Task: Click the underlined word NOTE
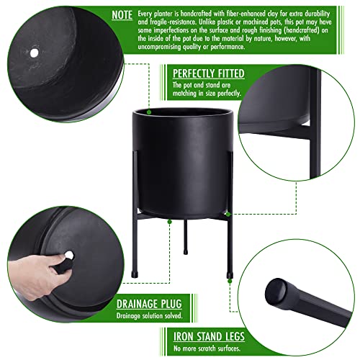[x=122, y=15]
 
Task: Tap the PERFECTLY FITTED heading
[x=209, y=73]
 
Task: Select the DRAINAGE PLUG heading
[x=149, y=304]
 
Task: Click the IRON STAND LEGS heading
[x=209, y=336]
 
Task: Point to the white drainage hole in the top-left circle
[x=34, y=53]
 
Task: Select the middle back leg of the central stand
[x=186, y=237]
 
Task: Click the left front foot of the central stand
[x=135, y=274]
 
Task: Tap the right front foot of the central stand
[x=230, y=275]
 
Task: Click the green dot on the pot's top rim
[x=149, y=112]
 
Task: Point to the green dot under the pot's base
[x=170, y=222]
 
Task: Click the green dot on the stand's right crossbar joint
[x=228, y=214]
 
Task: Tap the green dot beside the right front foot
[x=230, y=281]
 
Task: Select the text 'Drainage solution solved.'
[x=149, y=315]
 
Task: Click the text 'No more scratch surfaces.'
[x=207, y=348]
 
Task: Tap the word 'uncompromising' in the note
[x=159, y=47]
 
